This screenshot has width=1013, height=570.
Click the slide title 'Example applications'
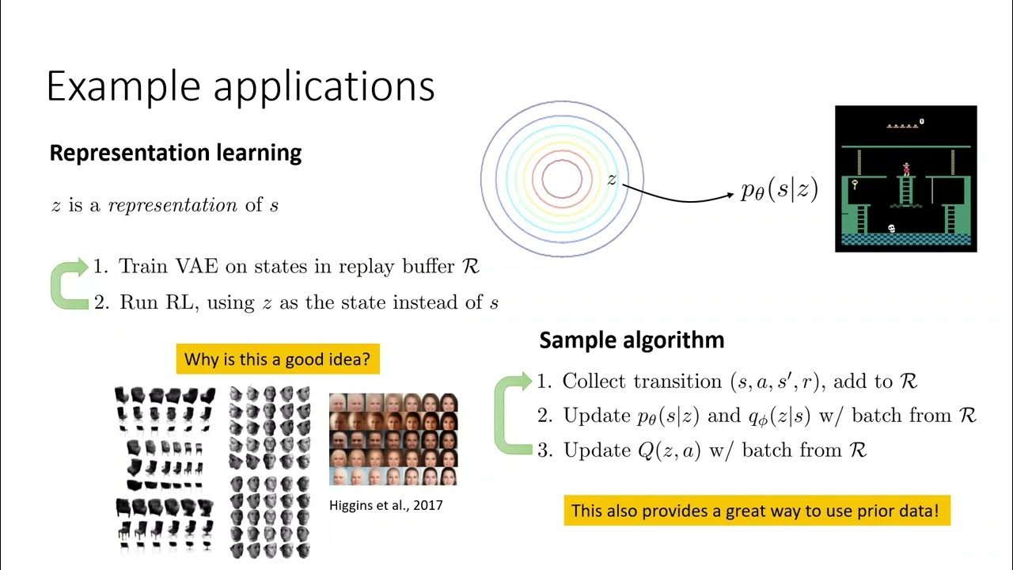coord(241,85)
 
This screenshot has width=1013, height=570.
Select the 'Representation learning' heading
coord(176,153)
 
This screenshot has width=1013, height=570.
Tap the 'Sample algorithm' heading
coord(632,340)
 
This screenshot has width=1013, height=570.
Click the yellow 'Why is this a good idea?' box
coord(277,359)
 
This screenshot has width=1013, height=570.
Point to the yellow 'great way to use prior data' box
coord(756,511)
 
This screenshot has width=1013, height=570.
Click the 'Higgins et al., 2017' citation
coord(385,504)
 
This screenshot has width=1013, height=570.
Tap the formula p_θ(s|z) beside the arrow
coord(780,190)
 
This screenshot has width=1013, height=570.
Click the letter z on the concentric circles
coord(612,180)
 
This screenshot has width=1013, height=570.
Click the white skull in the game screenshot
coord(893,229)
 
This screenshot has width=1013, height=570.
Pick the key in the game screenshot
coord(856,186)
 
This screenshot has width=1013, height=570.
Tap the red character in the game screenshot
coord(907,169)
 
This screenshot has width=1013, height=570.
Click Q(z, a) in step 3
coord(672,450)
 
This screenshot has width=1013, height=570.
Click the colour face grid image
coord(393,439)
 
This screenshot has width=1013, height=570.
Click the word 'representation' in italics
coord(173,205)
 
